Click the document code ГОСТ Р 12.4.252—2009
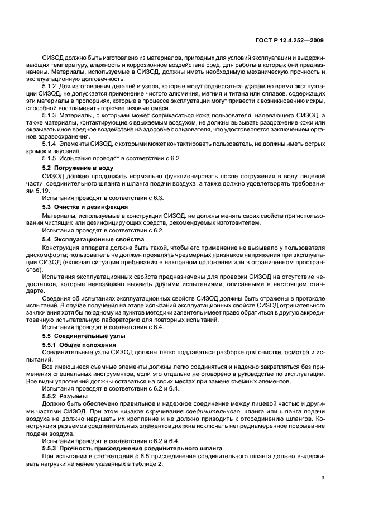290,41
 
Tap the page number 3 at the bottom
322,478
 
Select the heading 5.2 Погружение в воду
78,168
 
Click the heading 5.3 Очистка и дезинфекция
85,207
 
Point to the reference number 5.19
48,188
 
